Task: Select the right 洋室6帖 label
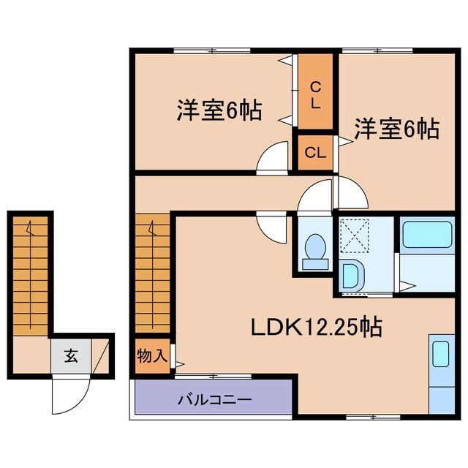tap(397, 129)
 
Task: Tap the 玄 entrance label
tap(71, 357)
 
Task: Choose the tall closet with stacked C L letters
tap(314, 93)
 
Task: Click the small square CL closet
tap(314, 153)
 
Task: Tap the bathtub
tap(429, 235)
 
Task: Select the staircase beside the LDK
tap(153, 274)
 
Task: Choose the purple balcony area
tap(214, 400)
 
